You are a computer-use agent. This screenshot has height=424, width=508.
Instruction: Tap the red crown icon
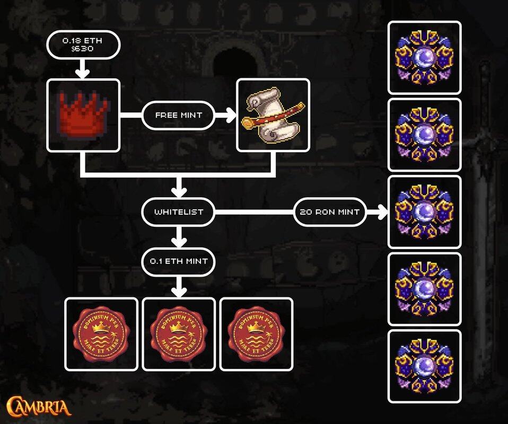(x=83, y=115)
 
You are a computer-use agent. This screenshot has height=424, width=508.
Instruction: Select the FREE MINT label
(x=178, y=115)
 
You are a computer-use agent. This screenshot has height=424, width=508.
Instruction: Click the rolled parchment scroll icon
(x=273, y=115)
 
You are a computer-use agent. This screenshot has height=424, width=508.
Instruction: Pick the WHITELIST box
(x=179, y=212)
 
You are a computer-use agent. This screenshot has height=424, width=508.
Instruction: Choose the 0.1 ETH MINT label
(x=178, y=261)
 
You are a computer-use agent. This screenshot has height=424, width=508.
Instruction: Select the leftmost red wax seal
(x=101, y=334)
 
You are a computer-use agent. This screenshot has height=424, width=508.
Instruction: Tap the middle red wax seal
(x=179, y=334)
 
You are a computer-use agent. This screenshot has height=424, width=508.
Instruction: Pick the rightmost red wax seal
(x=256, y=334)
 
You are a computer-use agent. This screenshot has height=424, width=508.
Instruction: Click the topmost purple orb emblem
(x=425, y=58)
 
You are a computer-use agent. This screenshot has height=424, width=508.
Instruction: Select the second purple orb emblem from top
(x=425, y=135)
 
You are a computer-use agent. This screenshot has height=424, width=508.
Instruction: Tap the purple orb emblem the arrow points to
(x=425, y=212)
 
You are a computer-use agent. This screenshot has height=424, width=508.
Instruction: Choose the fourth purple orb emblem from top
(x=425, y=289)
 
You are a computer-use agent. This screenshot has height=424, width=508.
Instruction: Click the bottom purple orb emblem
(x=425, y=366)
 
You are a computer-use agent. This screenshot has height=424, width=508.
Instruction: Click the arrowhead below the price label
(x=82, y=72)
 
